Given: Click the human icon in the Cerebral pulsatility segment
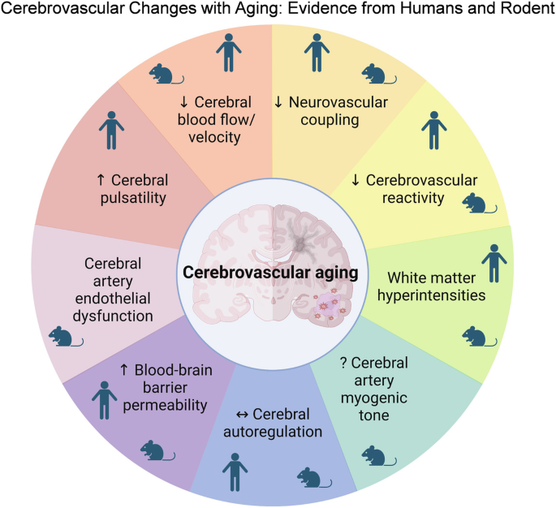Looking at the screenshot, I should pyautogui.click(x=112, y=130).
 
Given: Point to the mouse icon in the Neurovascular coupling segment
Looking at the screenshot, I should pyautogui.click(x=373, y=75).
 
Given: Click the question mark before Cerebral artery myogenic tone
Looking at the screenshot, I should pyautogui.click(x=345, y=362).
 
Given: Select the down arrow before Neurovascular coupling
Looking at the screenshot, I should pyautogui.click(x=278, y=102).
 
